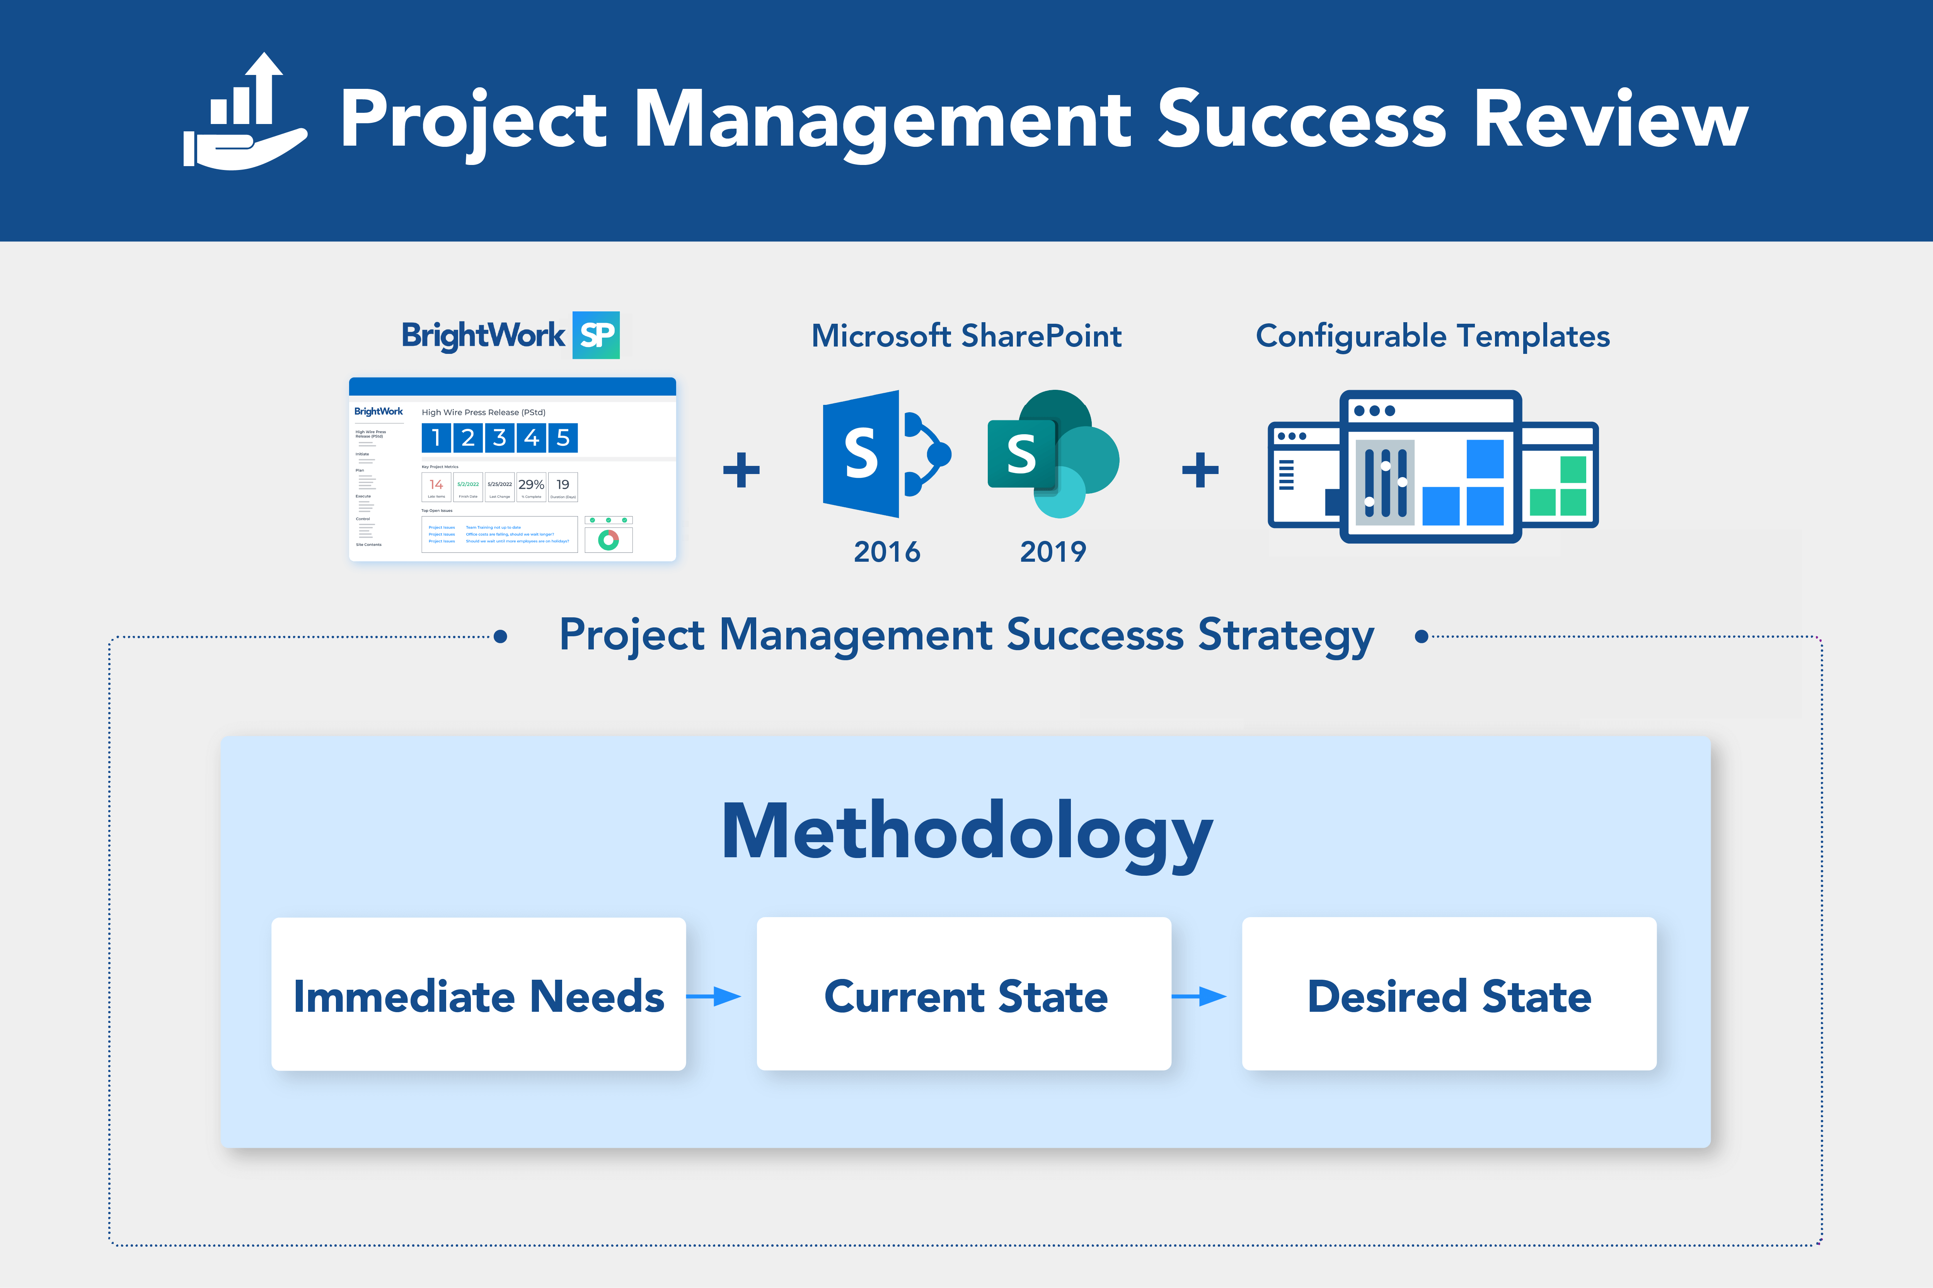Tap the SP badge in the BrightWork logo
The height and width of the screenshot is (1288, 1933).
[596, 335]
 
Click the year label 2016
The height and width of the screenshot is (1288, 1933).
[887, 551]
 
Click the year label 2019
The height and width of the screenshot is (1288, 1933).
[1053, 551]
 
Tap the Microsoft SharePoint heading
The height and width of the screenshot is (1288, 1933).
[966, 336]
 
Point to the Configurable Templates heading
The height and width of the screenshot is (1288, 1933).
[1432, 336]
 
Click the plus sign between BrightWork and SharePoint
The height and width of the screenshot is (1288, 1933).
[741, 470]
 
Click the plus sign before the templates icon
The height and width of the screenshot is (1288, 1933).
[1200, 470]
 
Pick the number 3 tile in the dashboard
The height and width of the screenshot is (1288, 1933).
[500, 438]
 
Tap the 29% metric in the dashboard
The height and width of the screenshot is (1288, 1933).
[531, 486]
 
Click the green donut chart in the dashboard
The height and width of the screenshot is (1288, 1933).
[608, 540]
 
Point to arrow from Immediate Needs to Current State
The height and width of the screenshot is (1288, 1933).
[713, 996]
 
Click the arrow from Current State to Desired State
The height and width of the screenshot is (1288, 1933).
[1199, 996]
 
